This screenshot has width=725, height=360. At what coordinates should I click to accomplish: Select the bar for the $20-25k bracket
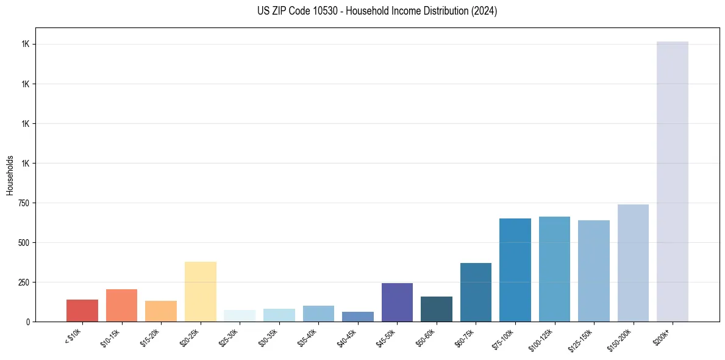200,292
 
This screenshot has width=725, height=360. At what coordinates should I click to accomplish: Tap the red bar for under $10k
82,311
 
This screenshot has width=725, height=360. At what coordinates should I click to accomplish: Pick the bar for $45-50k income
397,302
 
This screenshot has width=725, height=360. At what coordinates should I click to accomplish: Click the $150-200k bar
633,263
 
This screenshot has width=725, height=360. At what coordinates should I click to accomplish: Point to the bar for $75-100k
515,270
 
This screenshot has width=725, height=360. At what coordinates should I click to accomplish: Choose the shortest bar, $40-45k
358,317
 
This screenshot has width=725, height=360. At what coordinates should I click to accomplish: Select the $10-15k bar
121,305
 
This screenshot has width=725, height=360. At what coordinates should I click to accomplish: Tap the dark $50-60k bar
437,309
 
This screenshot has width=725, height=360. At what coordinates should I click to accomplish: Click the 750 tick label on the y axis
23,203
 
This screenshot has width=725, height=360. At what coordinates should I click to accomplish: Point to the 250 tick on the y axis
23,283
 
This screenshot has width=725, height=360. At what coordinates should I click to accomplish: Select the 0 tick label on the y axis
27,322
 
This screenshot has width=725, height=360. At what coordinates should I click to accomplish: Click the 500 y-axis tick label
23,243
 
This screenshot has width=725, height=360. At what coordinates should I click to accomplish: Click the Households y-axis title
10,175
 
